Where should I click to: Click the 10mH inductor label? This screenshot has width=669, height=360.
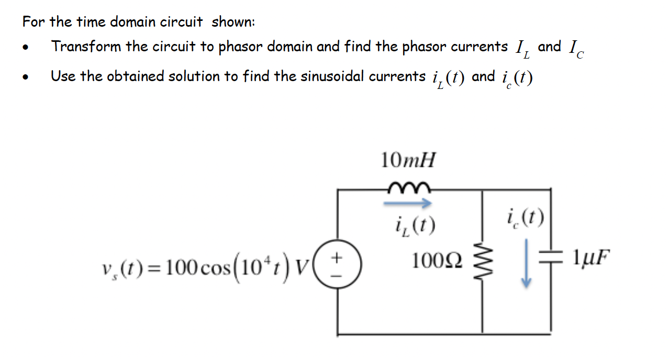tap(408, 160)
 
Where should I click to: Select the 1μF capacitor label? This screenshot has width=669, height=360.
tap(590, 258)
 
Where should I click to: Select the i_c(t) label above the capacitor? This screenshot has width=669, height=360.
tap(526, 215)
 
